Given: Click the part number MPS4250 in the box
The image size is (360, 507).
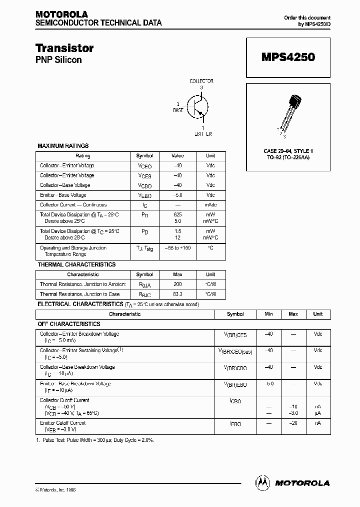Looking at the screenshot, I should point(288,57).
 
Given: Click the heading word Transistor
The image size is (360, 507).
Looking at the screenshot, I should point(64,48).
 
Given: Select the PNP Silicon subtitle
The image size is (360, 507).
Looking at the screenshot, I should point(58,60).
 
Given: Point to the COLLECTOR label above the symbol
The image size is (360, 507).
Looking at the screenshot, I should point(201,81).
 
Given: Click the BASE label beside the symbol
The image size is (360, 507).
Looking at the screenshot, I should point(178,110).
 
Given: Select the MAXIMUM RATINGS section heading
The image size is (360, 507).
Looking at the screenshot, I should point(63,146).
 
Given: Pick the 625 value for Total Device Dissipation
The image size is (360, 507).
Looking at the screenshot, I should point(177,214).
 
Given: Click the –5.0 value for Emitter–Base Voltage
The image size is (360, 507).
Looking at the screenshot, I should point(177,195).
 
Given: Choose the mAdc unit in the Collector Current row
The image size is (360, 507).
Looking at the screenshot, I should point(210,205).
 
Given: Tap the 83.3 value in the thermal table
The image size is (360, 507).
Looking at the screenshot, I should point(177,294).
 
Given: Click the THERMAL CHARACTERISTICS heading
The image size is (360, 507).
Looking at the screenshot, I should point(76,265).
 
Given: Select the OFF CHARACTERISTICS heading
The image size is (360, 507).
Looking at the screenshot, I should point(69,324).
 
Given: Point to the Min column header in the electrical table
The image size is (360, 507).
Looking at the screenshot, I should point(269,314).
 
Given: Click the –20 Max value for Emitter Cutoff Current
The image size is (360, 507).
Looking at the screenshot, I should point(293,423).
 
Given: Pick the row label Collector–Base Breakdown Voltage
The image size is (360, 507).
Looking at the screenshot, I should point(77,367).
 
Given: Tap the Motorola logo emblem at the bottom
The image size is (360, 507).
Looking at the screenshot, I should point(262,482).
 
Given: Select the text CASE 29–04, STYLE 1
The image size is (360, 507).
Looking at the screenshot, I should point(288,151).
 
